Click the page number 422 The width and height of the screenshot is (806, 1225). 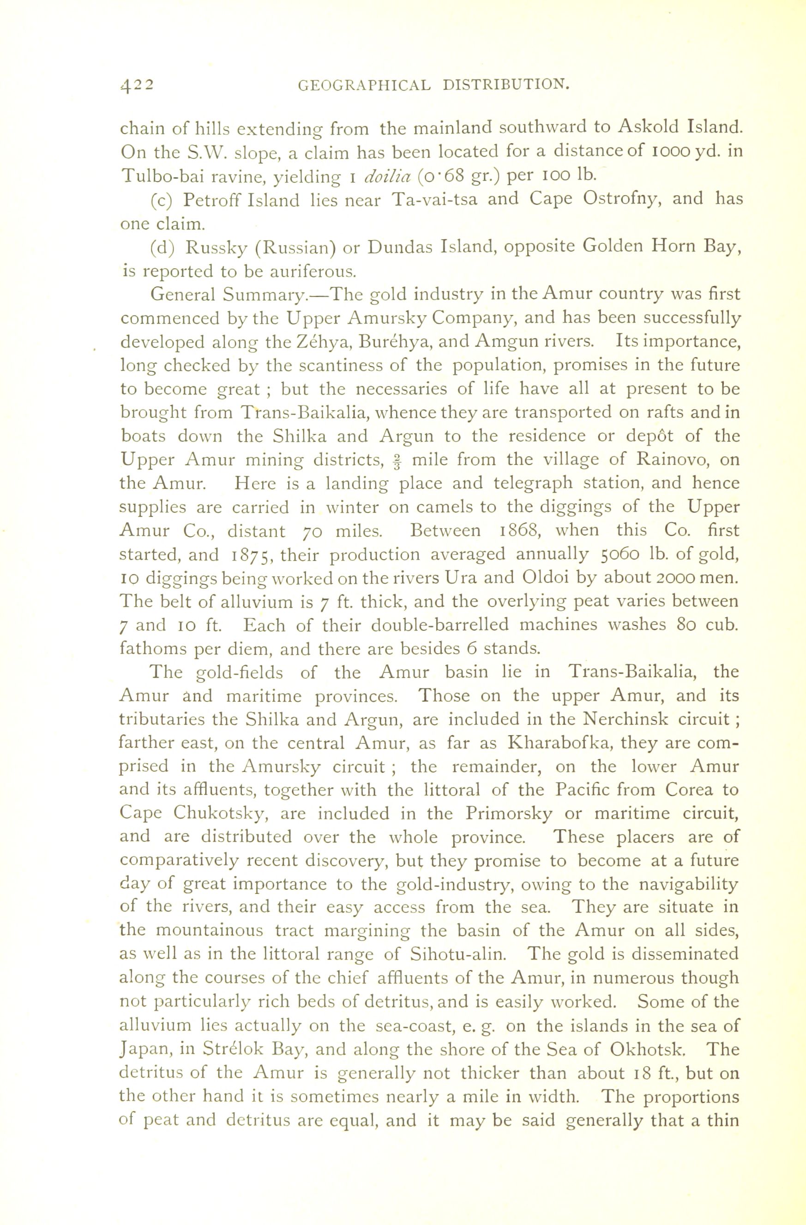(x=137, y=84)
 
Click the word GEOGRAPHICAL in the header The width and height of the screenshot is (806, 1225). (x=364, y=84)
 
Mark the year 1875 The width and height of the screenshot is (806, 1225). (x=247, y=555)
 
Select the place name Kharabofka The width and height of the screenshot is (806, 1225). (x=559, y=743)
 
